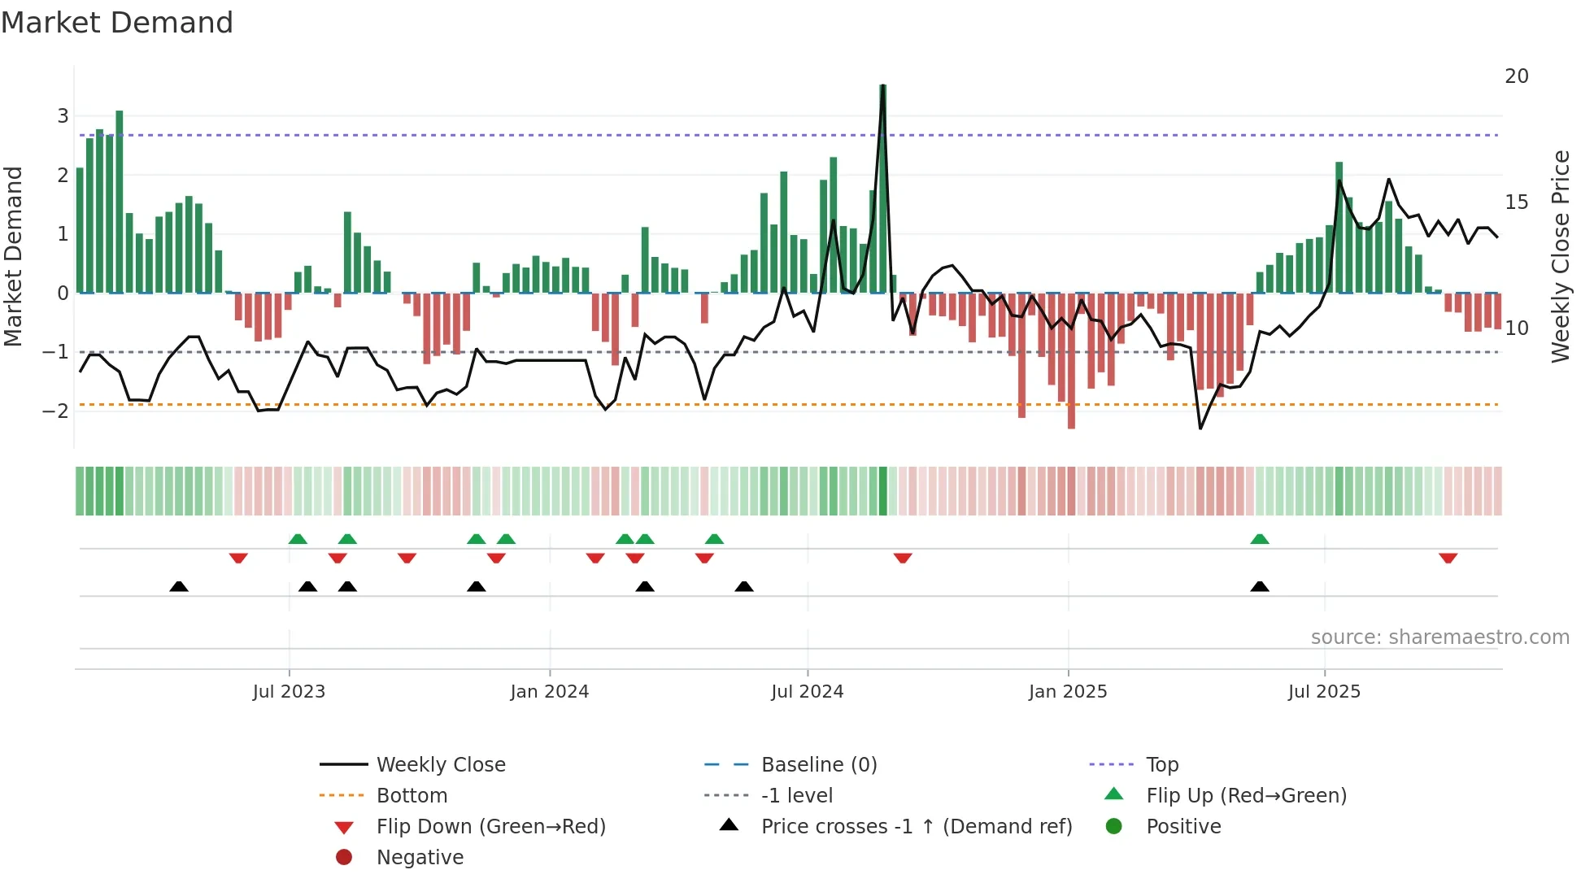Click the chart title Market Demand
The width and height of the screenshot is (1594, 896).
117,23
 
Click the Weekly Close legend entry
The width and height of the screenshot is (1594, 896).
440,764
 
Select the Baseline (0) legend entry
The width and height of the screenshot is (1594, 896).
818,764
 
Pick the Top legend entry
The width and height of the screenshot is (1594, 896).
1161,764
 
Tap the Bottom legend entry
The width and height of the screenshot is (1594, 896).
412,795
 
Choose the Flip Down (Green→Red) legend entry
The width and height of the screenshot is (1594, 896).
490,826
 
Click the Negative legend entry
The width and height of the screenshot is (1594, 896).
420,857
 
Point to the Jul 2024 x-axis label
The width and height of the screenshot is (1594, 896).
807,691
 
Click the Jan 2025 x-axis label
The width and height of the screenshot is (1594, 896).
1067,691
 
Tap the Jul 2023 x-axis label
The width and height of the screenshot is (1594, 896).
289,691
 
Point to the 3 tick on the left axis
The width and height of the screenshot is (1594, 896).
63,115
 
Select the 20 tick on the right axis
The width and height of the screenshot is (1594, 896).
1516,76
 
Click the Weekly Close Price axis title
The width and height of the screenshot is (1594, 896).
1560,256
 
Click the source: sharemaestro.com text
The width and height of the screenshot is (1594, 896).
1439,637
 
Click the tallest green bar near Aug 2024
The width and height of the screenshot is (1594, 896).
882,187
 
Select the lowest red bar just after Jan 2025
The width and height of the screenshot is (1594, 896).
1071,362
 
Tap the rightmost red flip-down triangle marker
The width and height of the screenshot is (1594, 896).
1448,558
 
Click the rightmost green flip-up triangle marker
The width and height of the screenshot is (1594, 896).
1259,539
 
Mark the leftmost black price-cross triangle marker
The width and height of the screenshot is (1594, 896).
179,586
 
